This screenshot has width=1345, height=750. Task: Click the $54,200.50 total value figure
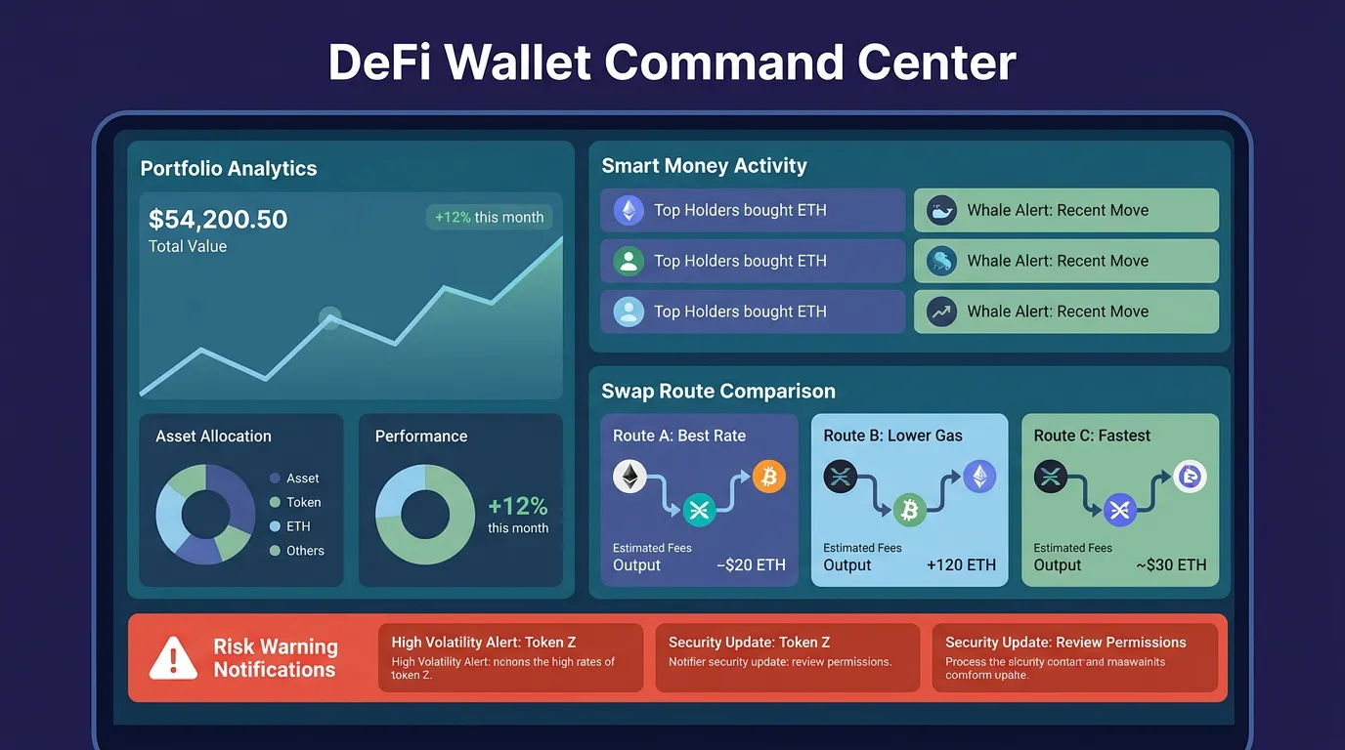[x=218, y=219]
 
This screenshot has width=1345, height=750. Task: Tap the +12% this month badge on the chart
[x=489, y=217]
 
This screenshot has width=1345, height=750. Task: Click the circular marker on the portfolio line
[x=330, y=317]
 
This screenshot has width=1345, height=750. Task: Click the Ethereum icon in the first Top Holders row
[x=629, y=210]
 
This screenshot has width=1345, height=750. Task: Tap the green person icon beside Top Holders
[x=629, y=261]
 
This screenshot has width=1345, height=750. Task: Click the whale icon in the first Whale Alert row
[x=941, y=210]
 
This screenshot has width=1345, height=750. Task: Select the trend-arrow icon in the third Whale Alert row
[x=941, y=312]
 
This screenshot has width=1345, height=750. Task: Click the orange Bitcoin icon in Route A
[x=769, y=478]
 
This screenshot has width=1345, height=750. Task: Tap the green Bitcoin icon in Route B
[x=909, y=509]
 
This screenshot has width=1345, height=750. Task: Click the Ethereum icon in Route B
[x=979, y=477]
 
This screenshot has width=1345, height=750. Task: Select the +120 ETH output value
[x=961, y=564]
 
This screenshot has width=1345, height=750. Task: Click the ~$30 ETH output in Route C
[x=1171, y=564]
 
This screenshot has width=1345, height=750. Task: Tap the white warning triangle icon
[x=173, y=658]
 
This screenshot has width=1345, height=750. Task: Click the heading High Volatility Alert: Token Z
[x=484, y=642]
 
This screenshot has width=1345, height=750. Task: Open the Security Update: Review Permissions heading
[x=1065, y=642]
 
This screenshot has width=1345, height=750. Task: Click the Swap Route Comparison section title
[x=718, y=392]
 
